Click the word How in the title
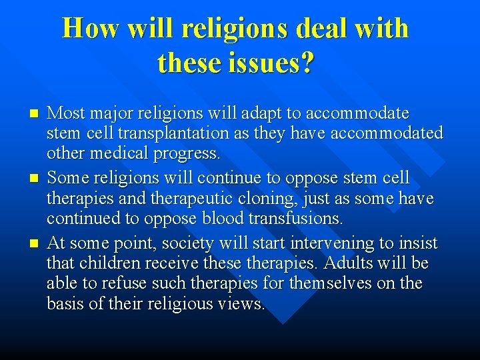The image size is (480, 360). click(x=90, y=29)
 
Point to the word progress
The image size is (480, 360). click(x=187, y=154)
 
